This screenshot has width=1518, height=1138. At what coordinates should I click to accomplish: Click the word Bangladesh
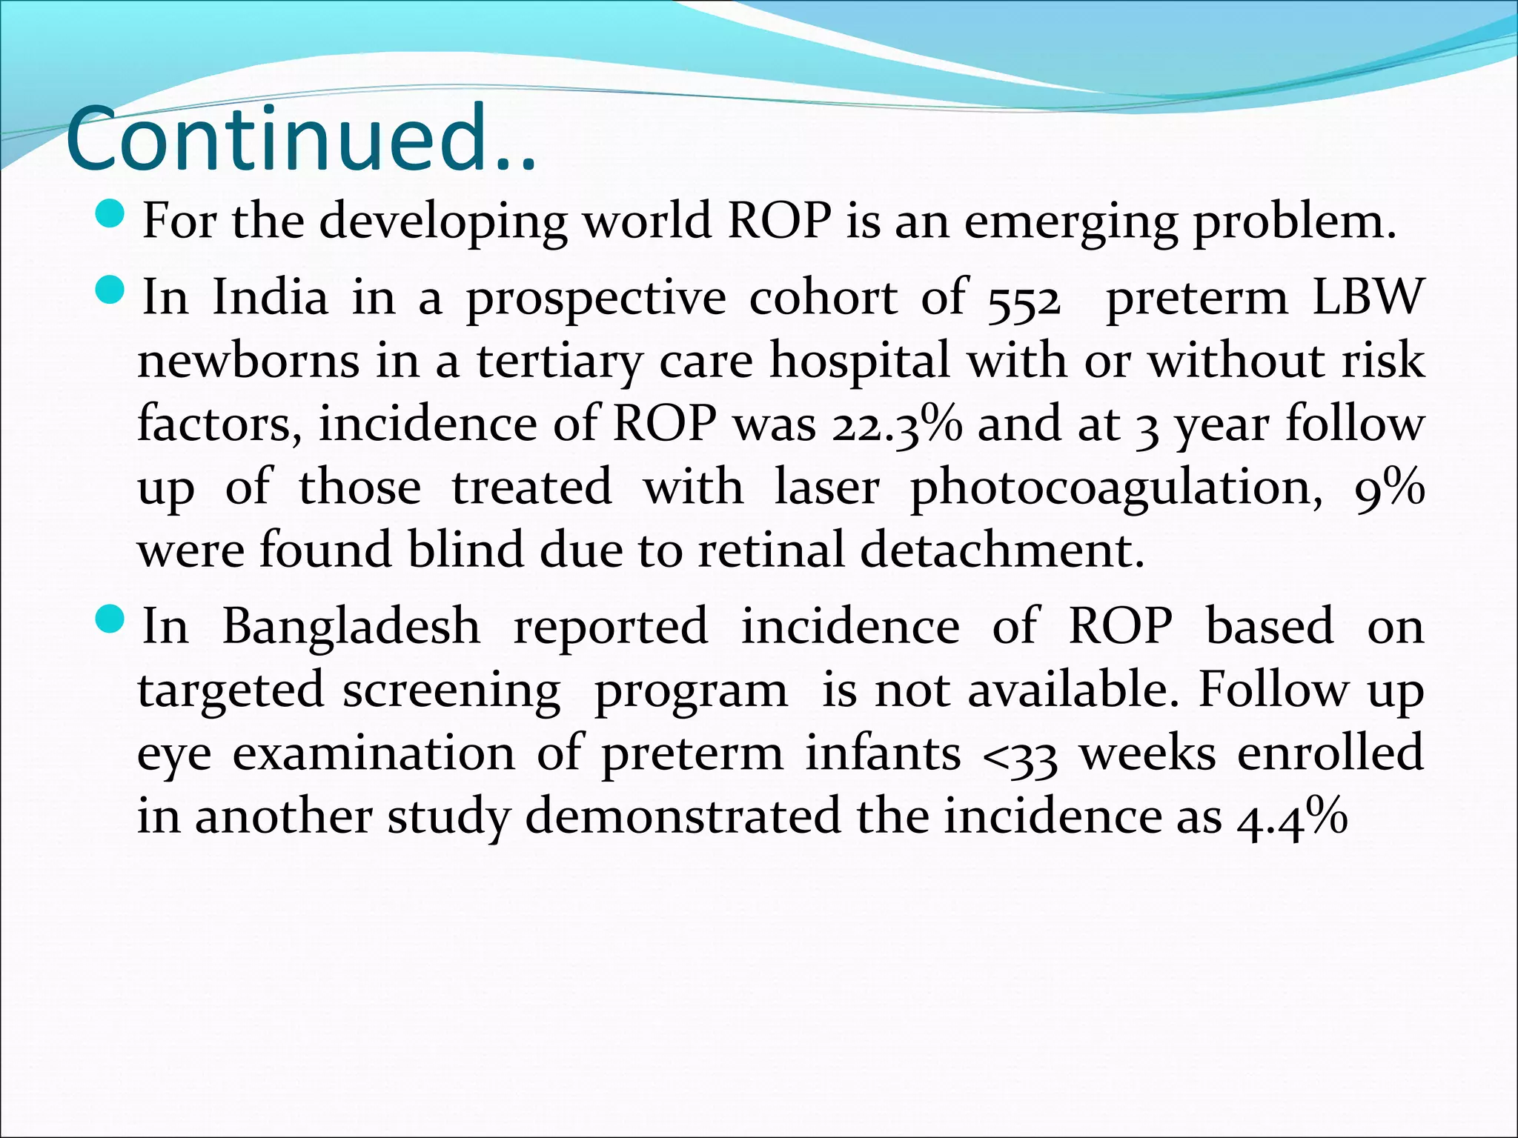351,627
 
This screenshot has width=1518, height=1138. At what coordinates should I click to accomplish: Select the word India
270,298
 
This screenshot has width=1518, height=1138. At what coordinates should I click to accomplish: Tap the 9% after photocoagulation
1389,489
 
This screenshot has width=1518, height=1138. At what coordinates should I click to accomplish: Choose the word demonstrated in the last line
683,816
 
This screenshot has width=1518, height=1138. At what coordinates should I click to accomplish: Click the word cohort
823,298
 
